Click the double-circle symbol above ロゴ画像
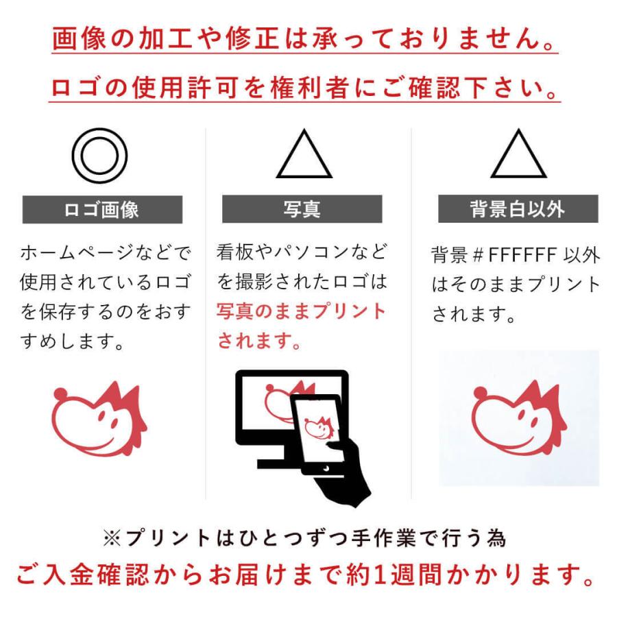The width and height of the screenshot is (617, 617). tap(100, 157)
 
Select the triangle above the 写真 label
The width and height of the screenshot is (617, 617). tap(304, 156)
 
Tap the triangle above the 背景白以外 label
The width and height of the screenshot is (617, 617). tap(518, 156)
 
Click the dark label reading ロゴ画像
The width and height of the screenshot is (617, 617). tap(102, 209)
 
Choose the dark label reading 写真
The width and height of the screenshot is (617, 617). tap(302, 209)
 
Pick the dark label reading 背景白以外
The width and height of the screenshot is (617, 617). tap(518, 209)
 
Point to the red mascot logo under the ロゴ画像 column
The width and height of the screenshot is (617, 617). tap(99, 420)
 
